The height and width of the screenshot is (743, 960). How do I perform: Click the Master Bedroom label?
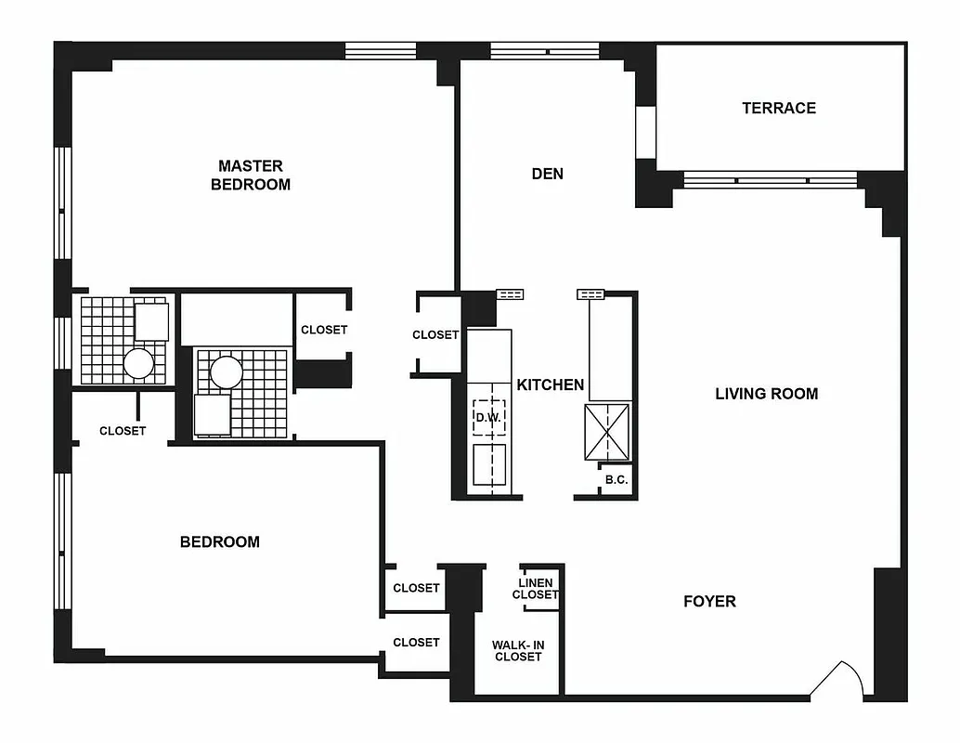(x=250, y=175)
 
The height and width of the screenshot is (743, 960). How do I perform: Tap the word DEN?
(x=548, y=174)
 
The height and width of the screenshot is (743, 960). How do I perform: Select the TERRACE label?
(x=779, y=108)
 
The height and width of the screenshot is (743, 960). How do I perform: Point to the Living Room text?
(x=766, y=394)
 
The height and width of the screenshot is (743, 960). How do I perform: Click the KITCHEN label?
(x=551, y=385)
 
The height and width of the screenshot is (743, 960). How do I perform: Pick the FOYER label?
(x=709, y=601)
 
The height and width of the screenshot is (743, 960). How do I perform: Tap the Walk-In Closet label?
(x=517, y=649)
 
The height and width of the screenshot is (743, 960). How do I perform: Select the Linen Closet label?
(x=536, y=589)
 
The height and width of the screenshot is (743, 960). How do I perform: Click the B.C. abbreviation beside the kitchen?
(x=616, y=480)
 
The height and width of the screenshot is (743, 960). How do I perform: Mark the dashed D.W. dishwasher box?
(x=488, y=418)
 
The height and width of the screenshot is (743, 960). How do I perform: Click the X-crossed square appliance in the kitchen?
(x=607, y=432)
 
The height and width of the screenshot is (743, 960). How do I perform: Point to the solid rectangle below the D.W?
(x=488, y=464)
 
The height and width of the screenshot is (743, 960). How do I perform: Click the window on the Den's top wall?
(x=545, y=51)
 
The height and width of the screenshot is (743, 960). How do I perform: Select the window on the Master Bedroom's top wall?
(x=380, y=51)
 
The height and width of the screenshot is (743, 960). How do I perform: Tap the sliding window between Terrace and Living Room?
(x=771, y=179)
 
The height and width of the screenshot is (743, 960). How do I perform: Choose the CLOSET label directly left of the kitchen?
(x=435, y=334)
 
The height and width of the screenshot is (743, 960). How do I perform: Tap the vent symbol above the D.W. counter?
(x=510, y=294)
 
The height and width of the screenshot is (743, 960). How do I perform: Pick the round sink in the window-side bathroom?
(x=138, y=363)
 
